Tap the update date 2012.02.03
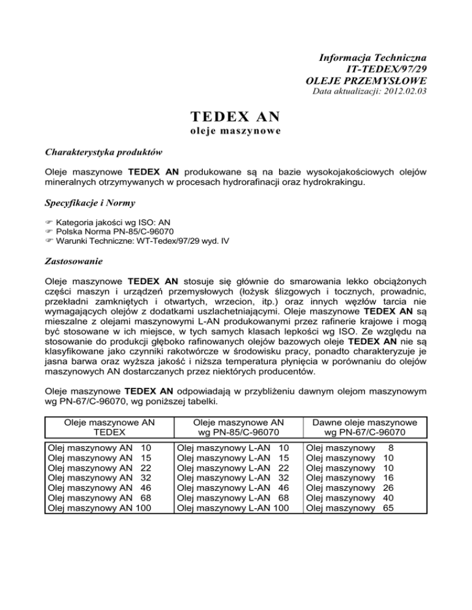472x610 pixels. point(406,92)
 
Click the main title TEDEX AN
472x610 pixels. point(235,117)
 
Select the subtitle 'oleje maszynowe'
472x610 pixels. point(235,132)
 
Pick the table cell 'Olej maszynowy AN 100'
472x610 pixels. point(100,508)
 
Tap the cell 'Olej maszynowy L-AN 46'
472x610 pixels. point(232,487)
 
